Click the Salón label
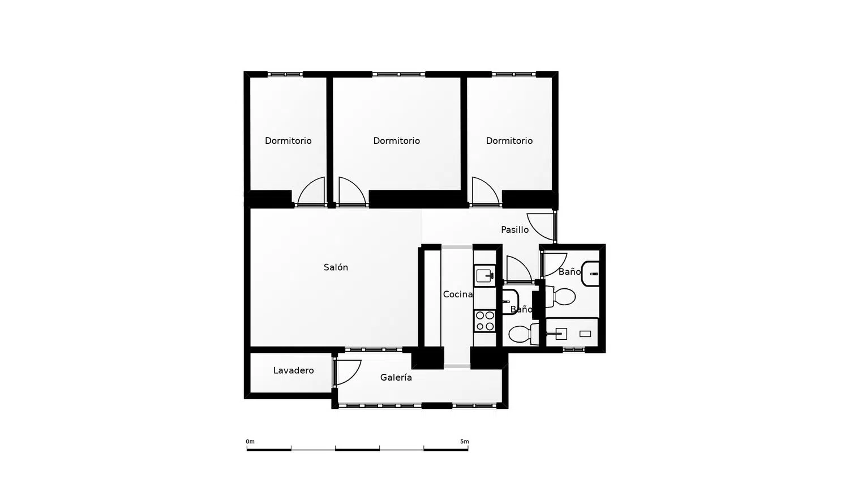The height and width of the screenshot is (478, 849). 336,267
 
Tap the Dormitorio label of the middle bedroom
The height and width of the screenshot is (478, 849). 396,141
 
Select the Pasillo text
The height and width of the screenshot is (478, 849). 514,229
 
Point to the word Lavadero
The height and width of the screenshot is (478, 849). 293,370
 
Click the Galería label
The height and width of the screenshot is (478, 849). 396,377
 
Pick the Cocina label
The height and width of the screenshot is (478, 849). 458,294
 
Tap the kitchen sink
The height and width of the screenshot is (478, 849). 484,276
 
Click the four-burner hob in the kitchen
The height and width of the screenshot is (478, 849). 484,321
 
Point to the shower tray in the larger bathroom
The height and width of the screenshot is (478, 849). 572,333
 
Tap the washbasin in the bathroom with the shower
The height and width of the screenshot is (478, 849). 590,274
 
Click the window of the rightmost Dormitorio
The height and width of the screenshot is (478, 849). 514,74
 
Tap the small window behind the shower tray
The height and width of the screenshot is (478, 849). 574,349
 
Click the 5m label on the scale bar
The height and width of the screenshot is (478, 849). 464,442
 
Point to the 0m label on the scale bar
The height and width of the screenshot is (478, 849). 250,442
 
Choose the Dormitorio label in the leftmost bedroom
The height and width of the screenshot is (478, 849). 288,141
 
